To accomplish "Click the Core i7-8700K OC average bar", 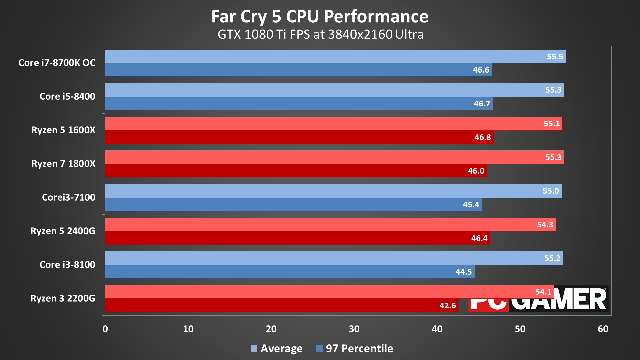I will click(x=335, y=56).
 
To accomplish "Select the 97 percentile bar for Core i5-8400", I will click(x=299, y=103).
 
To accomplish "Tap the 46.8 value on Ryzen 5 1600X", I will click(x=482, y=137).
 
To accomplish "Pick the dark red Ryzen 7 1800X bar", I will click(x=296, y=171).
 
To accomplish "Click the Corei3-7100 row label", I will click(x=69, y=197).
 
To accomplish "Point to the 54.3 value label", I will click(x=545, y=225).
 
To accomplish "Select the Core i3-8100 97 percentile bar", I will click(x=290, y=272).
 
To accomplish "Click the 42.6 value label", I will click(x=447, y=306).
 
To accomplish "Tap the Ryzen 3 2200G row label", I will click(x=63, y=298).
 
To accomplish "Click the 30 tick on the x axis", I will click(x=354, y=329).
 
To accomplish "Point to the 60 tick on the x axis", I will click(x=603, y=329).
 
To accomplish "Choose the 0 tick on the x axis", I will click(x=105, y=329).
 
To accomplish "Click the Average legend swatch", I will click(x=254, y=349).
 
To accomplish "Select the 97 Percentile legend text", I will click(x=359, y=349).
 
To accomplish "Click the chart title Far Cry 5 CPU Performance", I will click(x=320, y=16).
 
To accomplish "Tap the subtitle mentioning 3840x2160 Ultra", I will click(x=320, y=34).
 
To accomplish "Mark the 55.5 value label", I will click(x=555, y=57).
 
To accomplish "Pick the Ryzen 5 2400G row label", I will click(x=63, y=231).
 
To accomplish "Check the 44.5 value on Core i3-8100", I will click(x=463, y=272).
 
